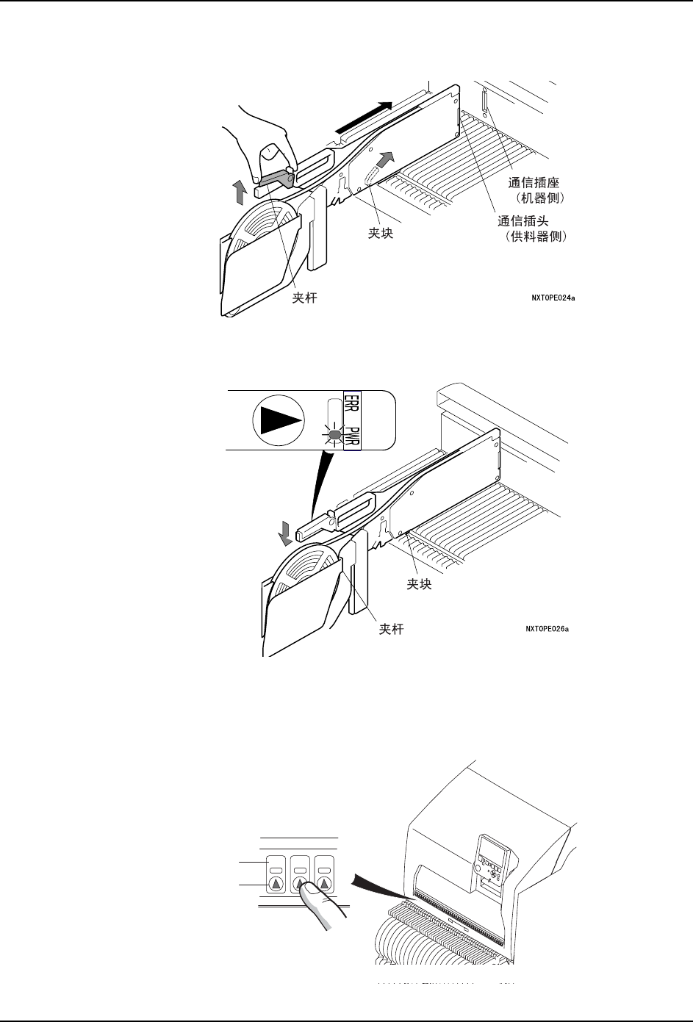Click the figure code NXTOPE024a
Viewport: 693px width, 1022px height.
[553, 299]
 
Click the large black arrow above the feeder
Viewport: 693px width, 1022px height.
[370, 118]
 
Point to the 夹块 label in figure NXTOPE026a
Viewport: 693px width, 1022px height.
[419, 584]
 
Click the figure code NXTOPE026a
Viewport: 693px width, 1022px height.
[547, 628]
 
